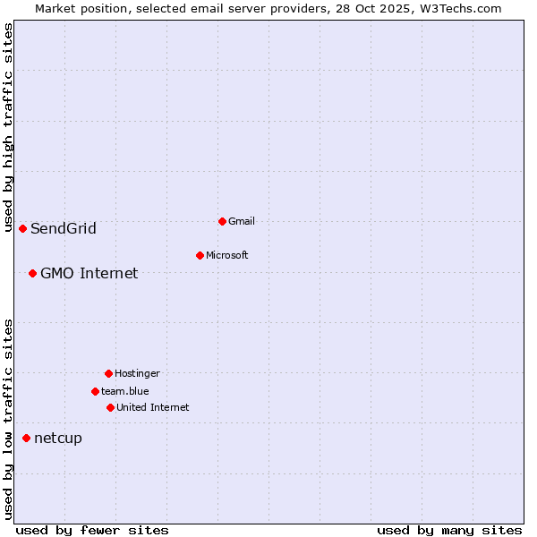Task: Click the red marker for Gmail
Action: [222, 221]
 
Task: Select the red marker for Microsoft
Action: [200, 255]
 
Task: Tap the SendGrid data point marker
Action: [22, 228]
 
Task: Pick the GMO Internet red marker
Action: [32, 273]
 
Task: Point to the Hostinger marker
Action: [108, 373]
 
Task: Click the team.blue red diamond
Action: [95, 391]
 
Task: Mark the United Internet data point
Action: [110, 407]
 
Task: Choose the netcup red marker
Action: [26, 438]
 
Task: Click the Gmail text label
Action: [242, 221]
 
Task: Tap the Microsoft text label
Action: [227, 255]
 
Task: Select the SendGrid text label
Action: [64, 228]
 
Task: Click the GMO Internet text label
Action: [89, 273]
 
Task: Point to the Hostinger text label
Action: [137, 373]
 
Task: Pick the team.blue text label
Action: [125, 391]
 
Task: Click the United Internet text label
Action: [153, 407]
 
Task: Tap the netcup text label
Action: [58, 438]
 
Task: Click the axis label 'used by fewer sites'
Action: [92, 531]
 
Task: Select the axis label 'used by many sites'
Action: [449, 531]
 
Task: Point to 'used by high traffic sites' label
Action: [8, 128]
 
